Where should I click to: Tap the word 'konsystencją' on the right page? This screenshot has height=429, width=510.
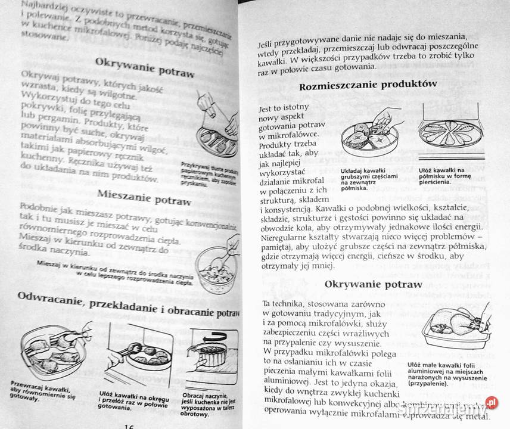coord(278,209)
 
